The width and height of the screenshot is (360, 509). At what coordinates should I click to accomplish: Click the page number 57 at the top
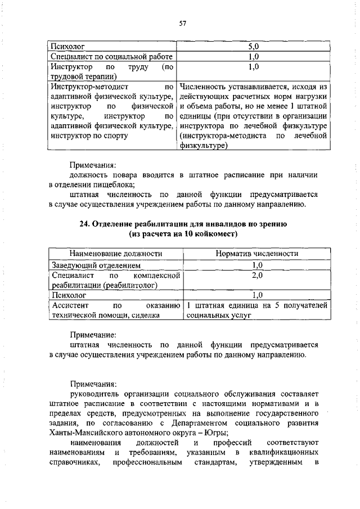pos(182,23)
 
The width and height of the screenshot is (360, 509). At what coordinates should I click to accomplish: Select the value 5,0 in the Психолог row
pos(253,47)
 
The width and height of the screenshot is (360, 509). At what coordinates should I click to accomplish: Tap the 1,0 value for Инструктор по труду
pos(253,67)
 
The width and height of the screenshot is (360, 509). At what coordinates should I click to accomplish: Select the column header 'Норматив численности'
pos(257,254)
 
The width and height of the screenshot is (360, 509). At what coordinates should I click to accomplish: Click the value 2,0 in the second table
pos(257,276)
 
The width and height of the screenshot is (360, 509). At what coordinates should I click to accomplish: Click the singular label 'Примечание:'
pos(92,335)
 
